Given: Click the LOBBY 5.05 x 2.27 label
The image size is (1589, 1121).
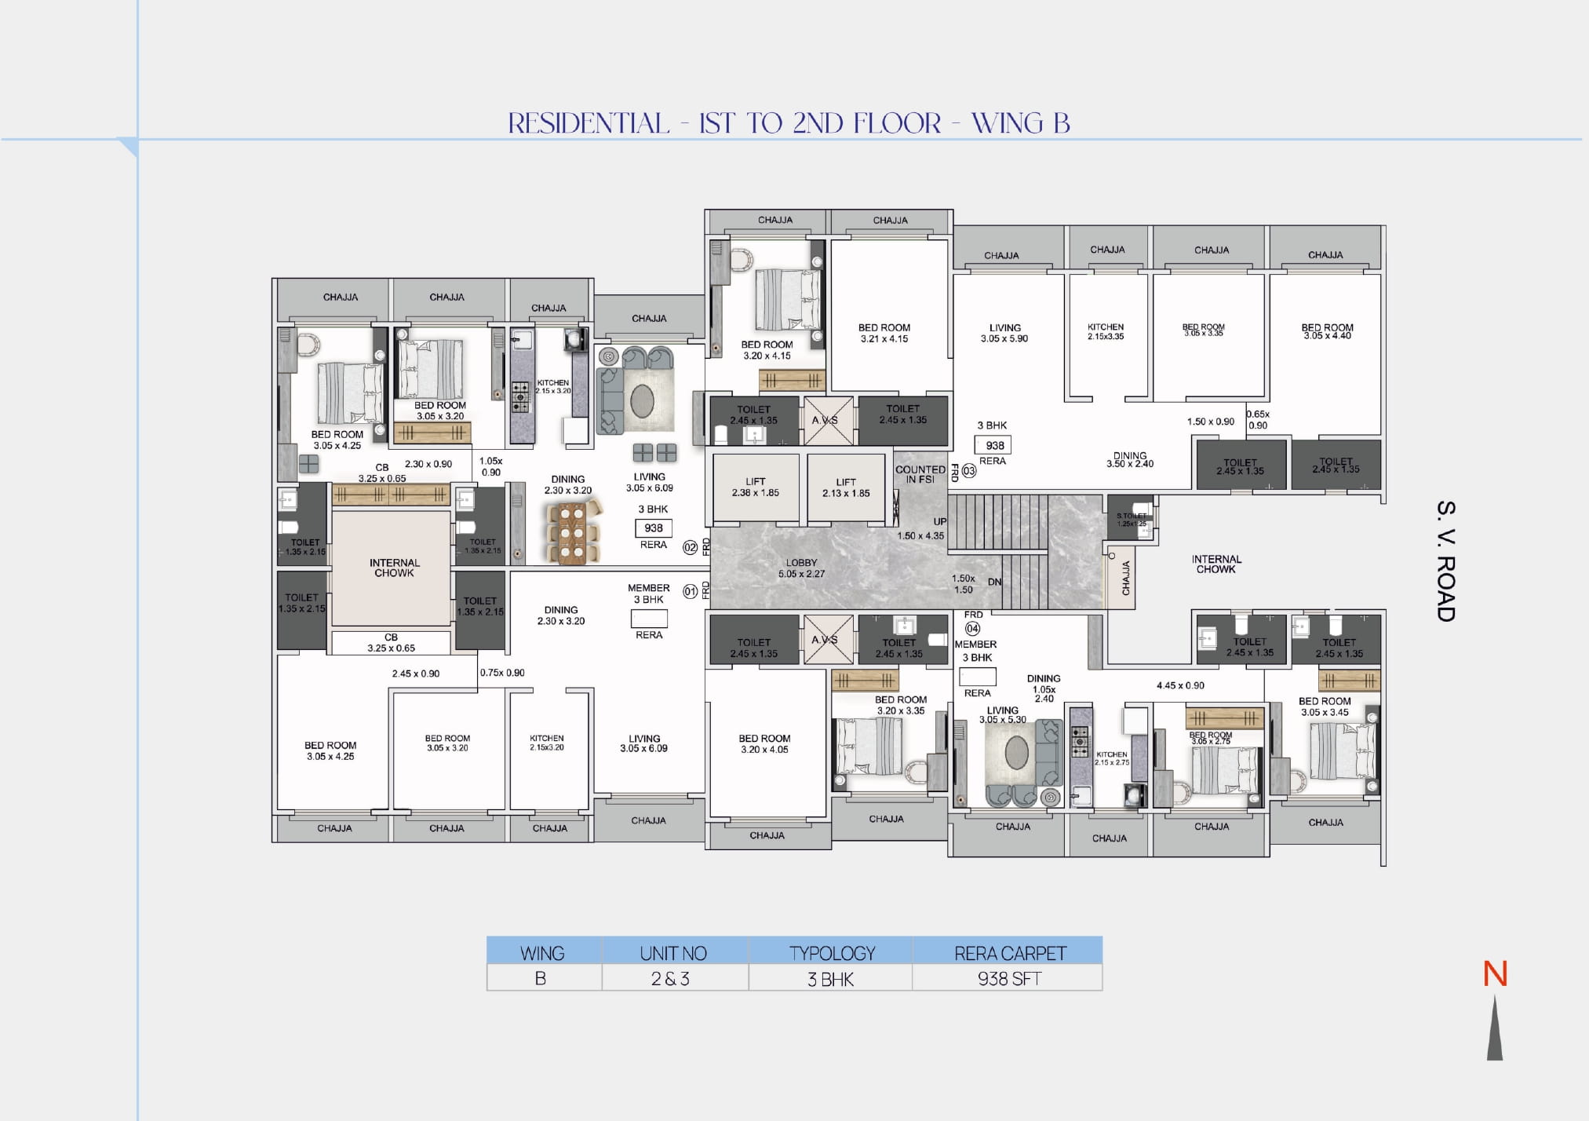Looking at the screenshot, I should (800, 568).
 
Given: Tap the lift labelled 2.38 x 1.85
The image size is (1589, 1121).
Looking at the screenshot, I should (756, 487).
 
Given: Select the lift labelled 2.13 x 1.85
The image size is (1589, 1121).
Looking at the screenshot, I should (846, 487).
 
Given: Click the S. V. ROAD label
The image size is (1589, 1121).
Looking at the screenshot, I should (1445, 561).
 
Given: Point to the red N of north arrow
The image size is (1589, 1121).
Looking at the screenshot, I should (1495, 974).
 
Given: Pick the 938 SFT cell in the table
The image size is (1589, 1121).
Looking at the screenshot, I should (1008, 979).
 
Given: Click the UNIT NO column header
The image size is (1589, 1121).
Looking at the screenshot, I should (673, 953).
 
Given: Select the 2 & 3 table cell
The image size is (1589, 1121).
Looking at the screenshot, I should (670, 979).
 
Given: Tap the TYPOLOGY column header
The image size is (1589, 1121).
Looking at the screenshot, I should (832, 953).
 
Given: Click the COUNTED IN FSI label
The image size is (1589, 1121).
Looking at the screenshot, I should (920, 474).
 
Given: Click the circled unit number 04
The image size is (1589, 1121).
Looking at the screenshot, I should (973, 628).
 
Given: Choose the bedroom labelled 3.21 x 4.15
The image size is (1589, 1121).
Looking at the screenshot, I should (884, 333).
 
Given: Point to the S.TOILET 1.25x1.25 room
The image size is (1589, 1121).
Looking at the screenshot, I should (1131, 519).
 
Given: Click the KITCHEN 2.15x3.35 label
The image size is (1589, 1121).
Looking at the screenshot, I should (1106, 331).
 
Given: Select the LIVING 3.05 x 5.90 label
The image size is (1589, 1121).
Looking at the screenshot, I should (1004, 333).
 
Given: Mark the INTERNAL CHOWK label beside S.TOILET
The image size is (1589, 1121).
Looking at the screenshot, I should (1215, 564).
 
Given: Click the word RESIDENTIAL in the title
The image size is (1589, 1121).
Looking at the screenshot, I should (589, 123).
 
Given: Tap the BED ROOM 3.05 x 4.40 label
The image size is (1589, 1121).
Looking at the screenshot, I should (1327, 331).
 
